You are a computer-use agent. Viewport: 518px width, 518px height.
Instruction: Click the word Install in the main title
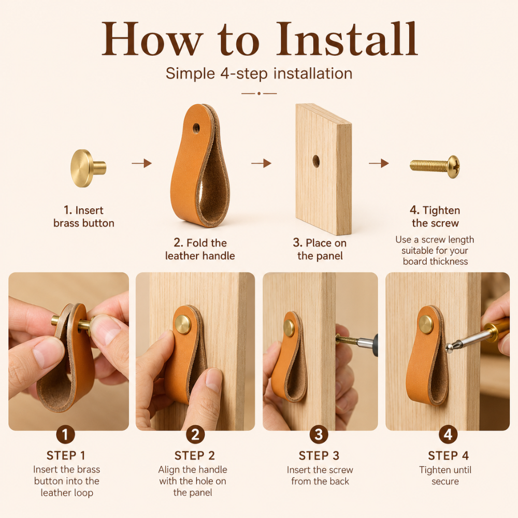(x=347, y=39)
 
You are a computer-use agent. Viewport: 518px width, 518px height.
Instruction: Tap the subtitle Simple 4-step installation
(x=259, y=74)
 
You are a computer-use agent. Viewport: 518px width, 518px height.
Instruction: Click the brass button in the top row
(x=88, y=168)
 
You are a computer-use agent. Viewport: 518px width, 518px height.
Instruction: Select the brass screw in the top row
(x=435, y=166)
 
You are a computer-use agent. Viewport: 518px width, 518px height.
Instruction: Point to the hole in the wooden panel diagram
(x=316, y=161)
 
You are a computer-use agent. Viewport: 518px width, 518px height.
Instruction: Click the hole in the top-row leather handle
(x=196, y=128)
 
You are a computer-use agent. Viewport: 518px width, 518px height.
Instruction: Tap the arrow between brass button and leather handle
(x=142, y=163)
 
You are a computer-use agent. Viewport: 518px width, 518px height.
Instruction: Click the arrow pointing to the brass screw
(x=379, y=163)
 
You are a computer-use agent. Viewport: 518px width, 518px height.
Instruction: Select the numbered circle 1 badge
(x=65, y=435)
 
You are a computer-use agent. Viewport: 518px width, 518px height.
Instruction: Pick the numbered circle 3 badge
(x=319, y=435)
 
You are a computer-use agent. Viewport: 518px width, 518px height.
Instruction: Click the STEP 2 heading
(x=195, y=456)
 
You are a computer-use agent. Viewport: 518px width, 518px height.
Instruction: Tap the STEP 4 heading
(x=448, y=456)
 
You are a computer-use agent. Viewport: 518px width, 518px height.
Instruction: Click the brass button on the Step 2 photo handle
(x=183, y=323)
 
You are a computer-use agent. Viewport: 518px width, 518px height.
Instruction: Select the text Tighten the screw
(x=435, y=217)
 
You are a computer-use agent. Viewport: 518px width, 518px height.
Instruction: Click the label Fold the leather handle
(x=200, y=250)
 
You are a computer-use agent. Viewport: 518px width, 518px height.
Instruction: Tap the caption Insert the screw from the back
(x=320, y=476)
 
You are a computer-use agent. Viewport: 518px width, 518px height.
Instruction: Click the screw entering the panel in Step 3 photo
(x=347, y=340)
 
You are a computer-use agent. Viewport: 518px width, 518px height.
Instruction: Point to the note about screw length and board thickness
(x=435, y=250)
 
